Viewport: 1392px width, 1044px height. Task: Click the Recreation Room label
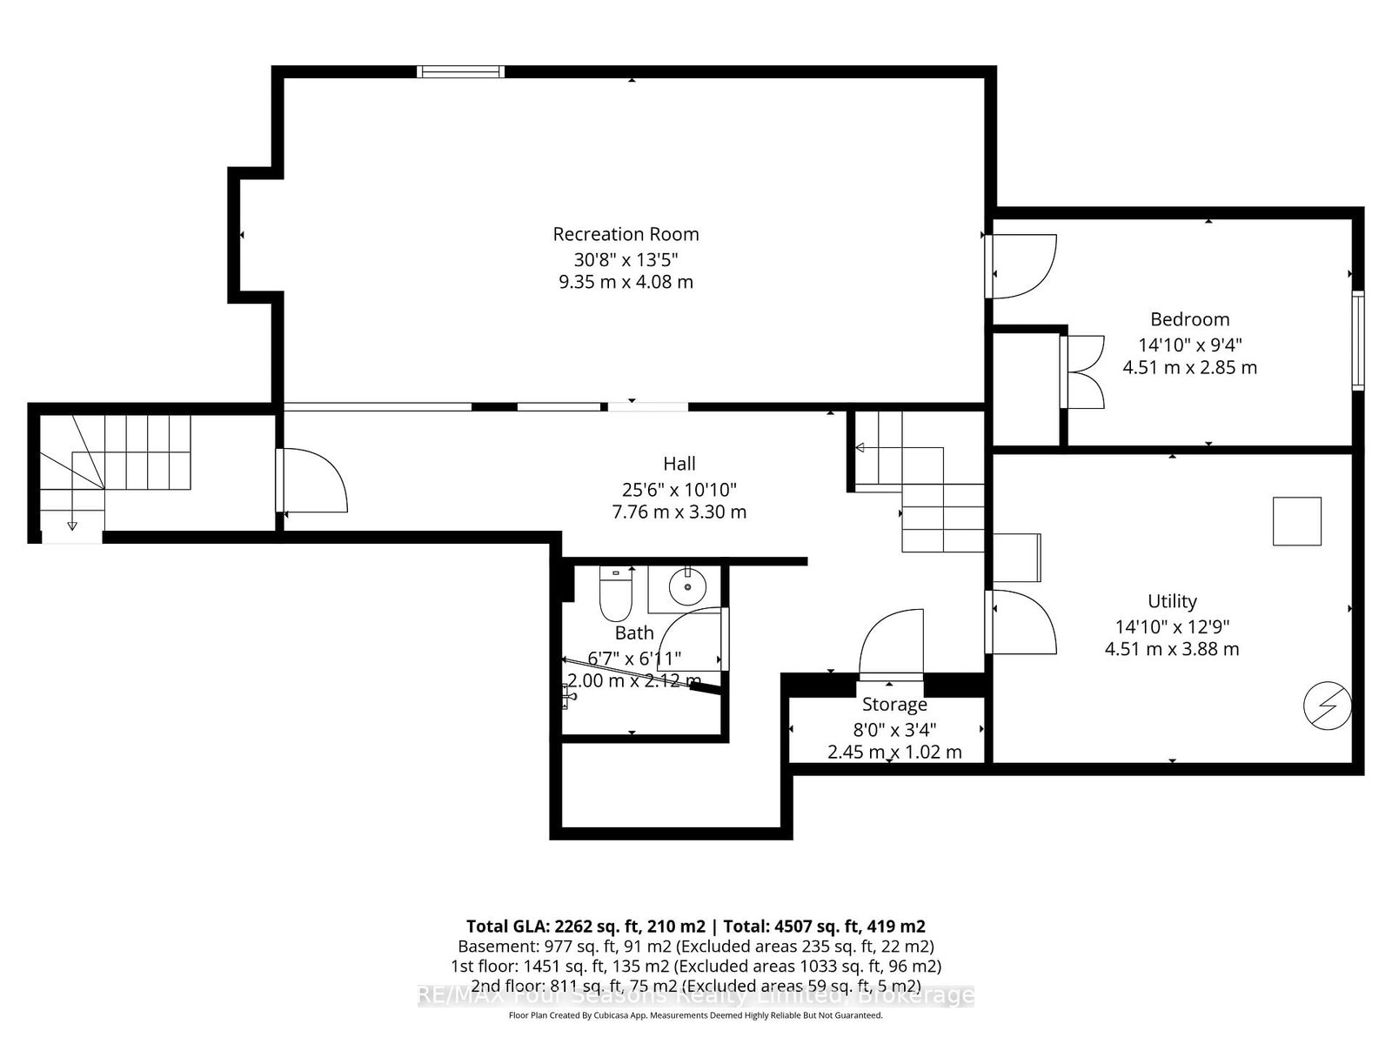(x=626, y=234)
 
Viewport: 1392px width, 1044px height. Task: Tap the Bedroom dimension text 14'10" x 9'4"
(x=1189, y=345)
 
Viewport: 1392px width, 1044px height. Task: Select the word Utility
(x=1172, y=601)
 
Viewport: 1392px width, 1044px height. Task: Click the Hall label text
(x=679, y=464)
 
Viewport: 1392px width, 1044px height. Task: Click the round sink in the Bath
(x=688, y=586)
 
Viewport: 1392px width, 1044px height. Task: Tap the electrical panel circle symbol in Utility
(x=1328, y=705)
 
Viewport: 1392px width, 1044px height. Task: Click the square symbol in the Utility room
(x=1296, y=521)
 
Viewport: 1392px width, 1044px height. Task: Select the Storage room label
(x=894, y=705)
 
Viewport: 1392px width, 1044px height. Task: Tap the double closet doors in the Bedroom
(x=1083, y=372)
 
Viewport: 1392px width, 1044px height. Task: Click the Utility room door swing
(x=1023, y=622)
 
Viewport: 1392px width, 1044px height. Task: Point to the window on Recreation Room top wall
(x=460, y=72)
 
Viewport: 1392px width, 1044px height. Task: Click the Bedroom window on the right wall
(x=1357, y=341)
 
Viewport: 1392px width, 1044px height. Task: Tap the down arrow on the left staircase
(x=71, y=525)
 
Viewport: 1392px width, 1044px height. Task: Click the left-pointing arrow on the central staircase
(x=860, y=448)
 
